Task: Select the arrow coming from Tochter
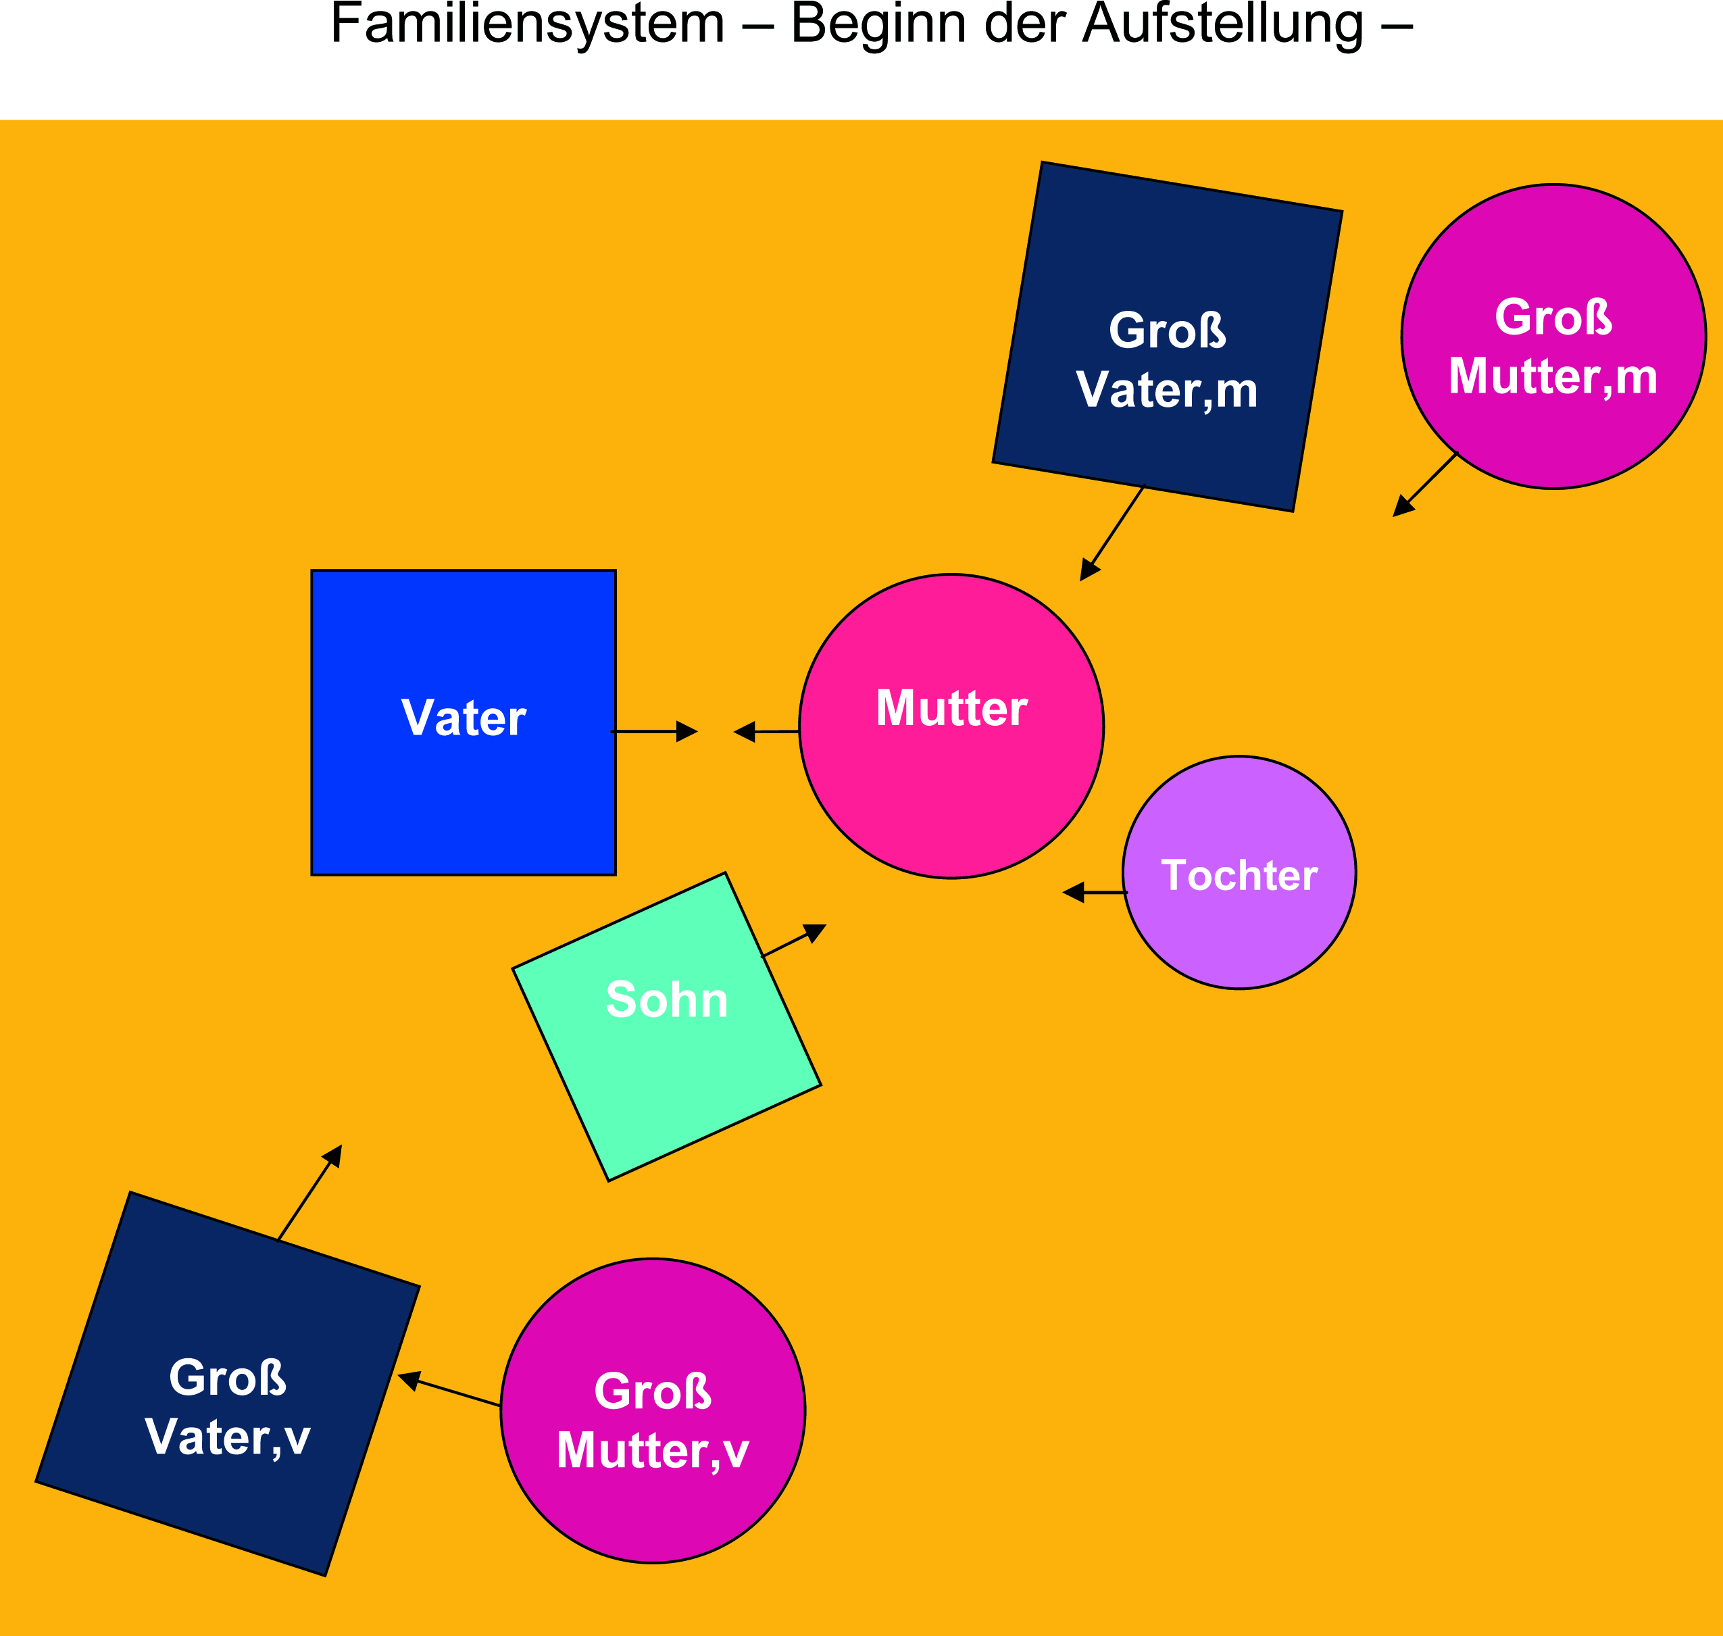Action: [1095, 893]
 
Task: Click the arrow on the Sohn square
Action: [793, 942]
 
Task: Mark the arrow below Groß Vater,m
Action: [1112, 534]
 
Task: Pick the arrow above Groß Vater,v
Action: [309, 1192]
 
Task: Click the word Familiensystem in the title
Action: [528, 24]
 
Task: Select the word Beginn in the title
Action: [878, 24]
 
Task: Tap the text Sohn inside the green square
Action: [666, 999]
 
